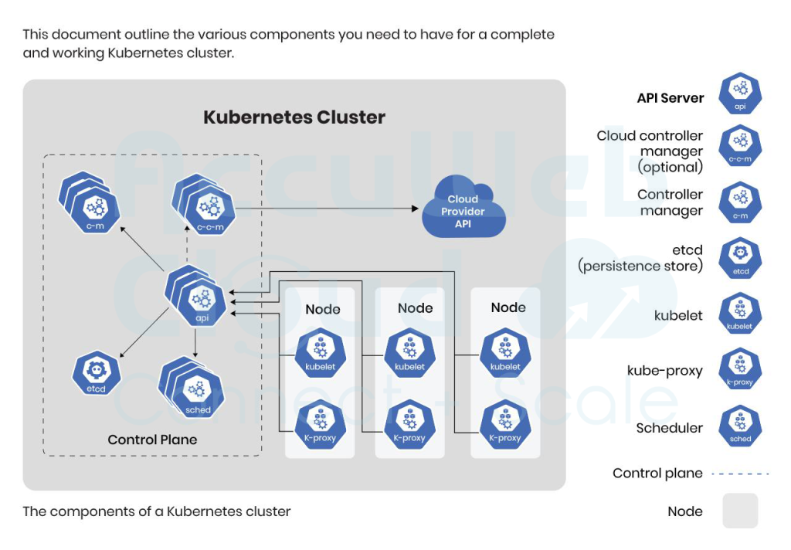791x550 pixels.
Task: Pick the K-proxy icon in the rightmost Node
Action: click(504, 423)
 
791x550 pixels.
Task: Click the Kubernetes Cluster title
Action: click(294, 117)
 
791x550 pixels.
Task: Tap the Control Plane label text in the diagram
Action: click(152, 440)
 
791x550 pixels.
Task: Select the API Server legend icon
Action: click(740, 95)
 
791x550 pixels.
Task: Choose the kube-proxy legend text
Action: click(664, 371)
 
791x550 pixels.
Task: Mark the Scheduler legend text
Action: click(669, 428)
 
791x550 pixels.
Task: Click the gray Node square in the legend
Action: click(740, 511)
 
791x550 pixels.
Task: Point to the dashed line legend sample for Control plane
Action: click(740, 474)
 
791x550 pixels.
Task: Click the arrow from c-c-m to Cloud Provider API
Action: click(324, 209)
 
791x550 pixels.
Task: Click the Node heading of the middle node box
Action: click(415, 308)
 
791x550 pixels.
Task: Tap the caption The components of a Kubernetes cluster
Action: click(157, 511)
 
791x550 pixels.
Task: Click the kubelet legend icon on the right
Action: click(740, 314)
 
